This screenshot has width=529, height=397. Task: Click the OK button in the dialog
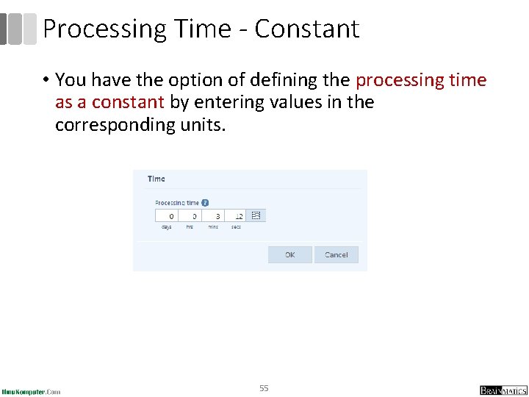[x=289, y=254]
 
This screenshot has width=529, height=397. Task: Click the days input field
[x=166, y=216]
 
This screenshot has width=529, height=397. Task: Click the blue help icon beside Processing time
[x=205, y=202]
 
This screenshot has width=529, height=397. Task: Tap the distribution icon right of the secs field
[x=256, y=216]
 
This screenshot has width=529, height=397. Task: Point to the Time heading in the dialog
[x=156, y=179]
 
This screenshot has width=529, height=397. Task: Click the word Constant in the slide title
[x=307, y=29]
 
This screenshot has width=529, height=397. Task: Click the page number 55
[x=264, y=387]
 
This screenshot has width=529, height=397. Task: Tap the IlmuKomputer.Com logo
[x=31, y=391]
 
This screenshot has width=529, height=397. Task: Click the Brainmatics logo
[x=503, y=390]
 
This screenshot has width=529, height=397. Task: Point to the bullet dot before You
[x=46, y=80]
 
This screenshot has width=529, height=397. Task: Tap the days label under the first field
[x=167, y=226]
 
